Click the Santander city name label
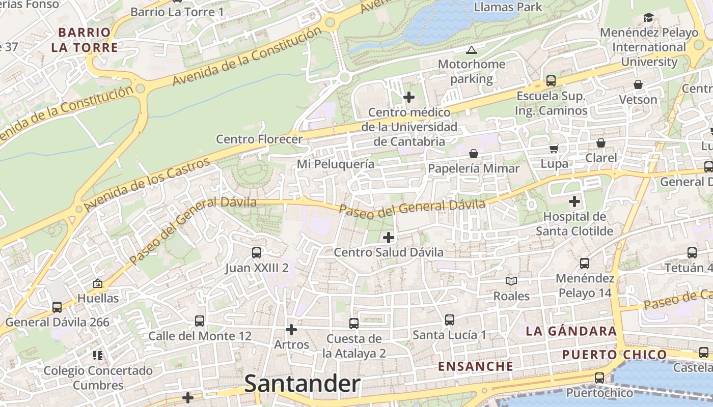[x=303, y=384]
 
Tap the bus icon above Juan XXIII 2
[x=257, y=252]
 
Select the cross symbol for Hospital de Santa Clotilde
[x=574, y=201]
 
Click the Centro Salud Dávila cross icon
[x=389, y=237]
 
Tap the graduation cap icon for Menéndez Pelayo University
[x=648, y=18]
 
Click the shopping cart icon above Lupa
[x=554, y=149]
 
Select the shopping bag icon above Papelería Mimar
[x=474, y=153]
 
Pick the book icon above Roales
[x=511, y=281]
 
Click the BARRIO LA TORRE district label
[x=85, y=40]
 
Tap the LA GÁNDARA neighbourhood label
[x=571, y=331]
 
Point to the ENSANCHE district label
[x=476, y=366]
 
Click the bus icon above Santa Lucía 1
[x=449, y=319]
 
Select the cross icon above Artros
[x=291, y=330]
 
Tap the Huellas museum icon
[x=98, y=283]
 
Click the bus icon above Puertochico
[x=599, y=378]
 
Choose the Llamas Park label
[x=508, y=7]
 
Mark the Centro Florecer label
[x=259, y=139]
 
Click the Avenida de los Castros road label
[x=147, y=185]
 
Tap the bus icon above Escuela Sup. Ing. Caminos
[x=551, y=80]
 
